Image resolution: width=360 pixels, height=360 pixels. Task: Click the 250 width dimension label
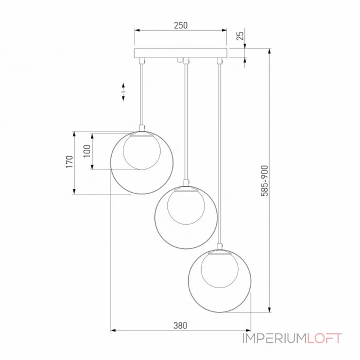[181, 25]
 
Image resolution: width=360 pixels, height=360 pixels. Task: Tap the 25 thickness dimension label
[240, 36]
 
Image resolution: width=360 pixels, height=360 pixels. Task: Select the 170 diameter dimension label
[69, 162]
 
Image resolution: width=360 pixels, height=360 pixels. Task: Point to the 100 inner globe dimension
[87, 151]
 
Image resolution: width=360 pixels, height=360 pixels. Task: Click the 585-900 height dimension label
[265, 181]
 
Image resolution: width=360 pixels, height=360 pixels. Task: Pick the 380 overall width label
[180, 325]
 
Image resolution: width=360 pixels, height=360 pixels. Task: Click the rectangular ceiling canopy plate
[180, 53]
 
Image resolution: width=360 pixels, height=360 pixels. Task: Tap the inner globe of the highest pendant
[142, 152]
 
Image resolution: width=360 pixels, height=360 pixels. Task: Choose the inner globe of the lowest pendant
[220, 270]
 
